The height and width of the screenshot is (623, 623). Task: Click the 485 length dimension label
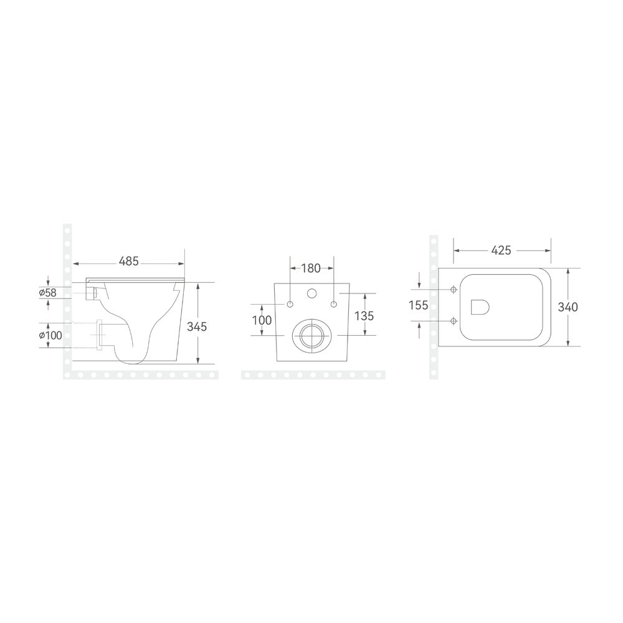[129, 261]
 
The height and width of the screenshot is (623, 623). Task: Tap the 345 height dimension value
[197, 326]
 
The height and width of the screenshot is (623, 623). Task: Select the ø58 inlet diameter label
[48, 293]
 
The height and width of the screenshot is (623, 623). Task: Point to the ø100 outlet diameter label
[50, 335]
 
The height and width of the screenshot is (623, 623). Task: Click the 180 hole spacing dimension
[311, 269]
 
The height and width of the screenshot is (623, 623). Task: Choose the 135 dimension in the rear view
[364, 315]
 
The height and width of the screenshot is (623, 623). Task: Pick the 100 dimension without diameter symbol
[262, 320]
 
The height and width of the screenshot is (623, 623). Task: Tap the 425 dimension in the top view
[501, 250]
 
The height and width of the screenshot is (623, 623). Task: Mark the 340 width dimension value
[568, 307]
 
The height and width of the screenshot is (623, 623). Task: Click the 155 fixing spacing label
[419, 305]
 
